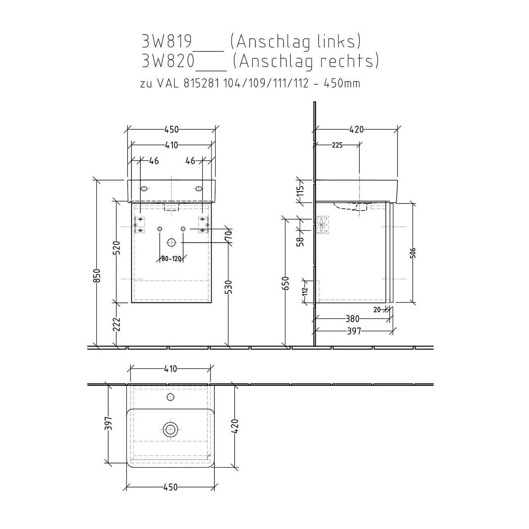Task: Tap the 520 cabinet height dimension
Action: [x=117, y=248]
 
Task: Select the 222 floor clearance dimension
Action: [x=117, y=324]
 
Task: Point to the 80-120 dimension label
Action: [x=171, y=259]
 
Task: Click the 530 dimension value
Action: [x=229, y=287]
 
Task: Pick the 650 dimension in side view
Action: [x=285, y=283]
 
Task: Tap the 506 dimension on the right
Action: [x=413, y=253]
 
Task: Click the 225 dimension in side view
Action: [x=337, y=145]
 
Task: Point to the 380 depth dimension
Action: [x=352, y=319]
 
